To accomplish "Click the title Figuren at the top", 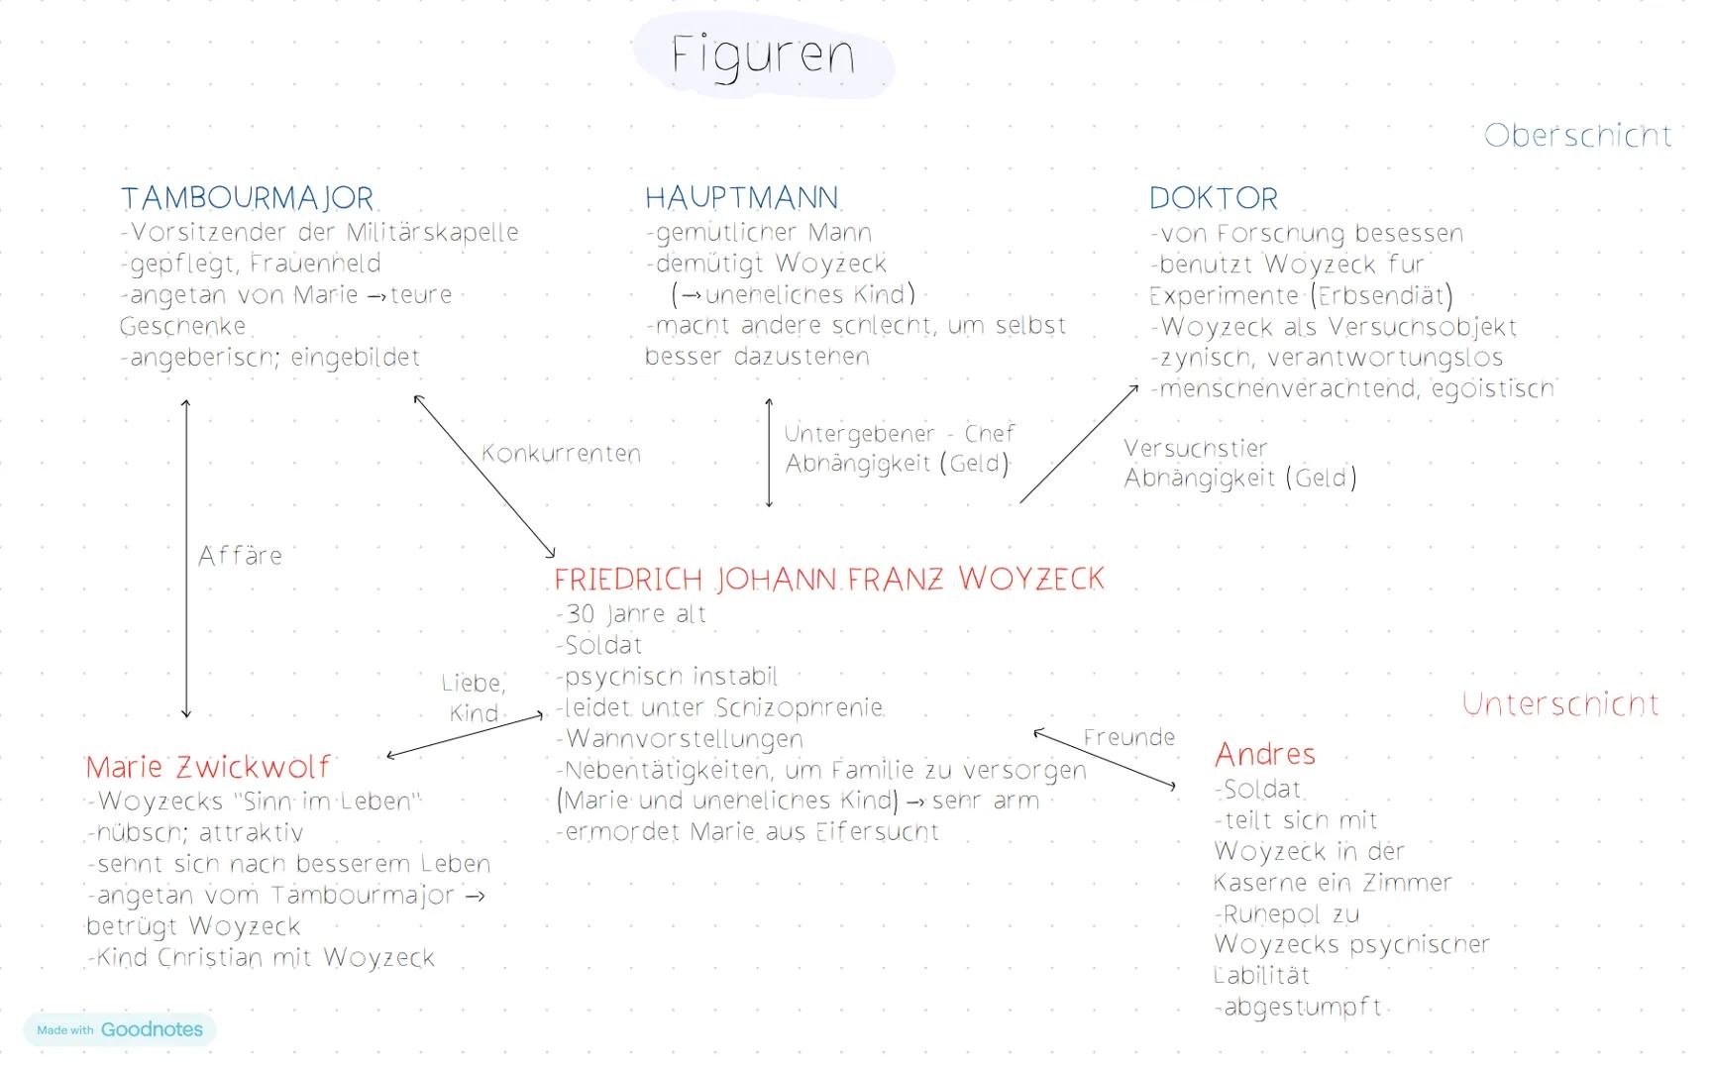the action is (762, 55).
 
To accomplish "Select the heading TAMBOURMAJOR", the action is (247, 198).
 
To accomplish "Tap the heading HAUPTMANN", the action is (741, 198).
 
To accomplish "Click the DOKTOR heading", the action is (1214, 198).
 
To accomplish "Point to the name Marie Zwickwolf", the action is (207, 767).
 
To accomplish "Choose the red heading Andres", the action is (1265, 755).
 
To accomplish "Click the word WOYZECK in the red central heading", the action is (1030, 579).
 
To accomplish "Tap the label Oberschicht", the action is (1577, 136).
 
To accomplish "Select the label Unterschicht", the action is (1560, 704).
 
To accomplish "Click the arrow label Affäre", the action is (240, 556).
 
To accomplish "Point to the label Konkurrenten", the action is (561, 454).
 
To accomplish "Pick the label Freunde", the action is (1128, 738).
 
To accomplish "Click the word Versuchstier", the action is (1195, 449).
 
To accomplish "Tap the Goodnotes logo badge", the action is (120, 1029).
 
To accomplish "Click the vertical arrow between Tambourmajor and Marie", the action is (185, 559).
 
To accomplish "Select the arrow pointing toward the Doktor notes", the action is (1079, 444).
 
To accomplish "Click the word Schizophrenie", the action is (799, 708).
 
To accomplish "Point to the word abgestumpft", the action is (1303, 1008).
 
